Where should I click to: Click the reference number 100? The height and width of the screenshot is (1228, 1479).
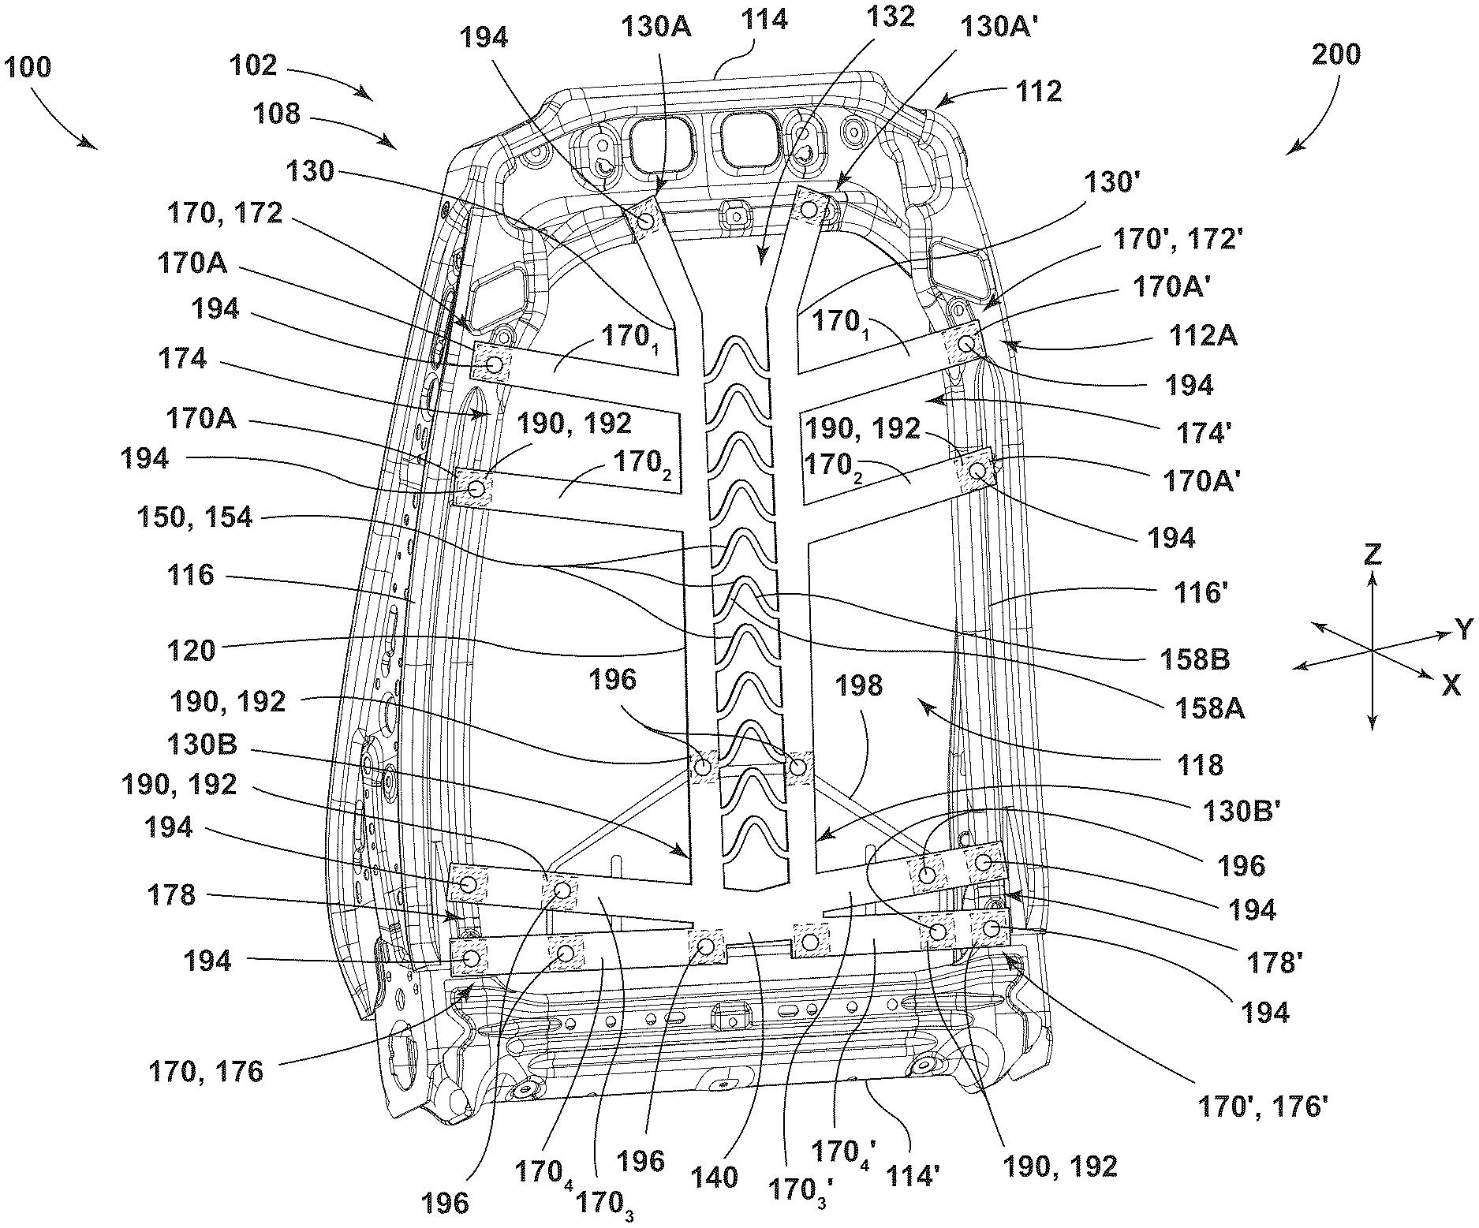[27, 67]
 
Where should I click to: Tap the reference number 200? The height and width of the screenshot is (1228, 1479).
[1336, 54]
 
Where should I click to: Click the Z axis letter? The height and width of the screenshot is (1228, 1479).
[1373, 555]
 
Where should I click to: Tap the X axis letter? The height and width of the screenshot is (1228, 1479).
[1451, 686]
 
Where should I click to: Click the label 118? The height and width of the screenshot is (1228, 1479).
[1199, 764]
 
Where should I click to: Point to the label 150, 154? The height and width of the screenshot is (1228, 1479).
[195, 518]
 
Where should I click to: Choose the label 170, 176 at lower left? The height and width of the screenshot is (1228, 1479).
[205, 1073]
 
